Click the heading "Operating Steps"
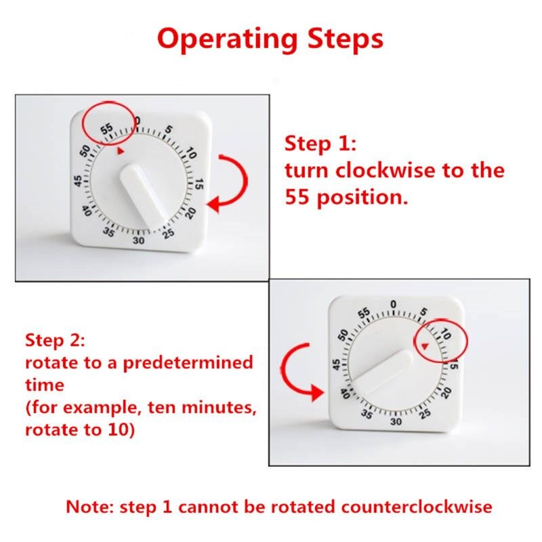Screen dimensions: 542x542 point(270,39)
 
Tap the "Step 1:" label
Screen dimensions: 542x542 point(320,144)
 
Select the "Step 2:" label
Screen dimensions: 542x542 point(56,339)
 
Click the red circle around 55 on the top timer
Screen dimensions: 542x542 point(108,123)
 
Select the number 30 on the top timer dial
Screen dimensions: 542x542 point(139,241)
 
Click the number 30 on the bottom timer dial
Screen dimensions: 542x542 point(396,421)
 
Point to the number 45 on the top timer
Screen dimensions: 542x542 point(79,182)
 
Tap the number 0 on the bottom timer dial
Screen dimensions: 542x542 point(394,304)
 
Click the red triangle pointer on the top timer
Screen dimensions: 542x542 point(120,152)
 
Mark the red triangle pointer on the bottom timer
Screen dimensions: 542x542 point(425,348)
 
